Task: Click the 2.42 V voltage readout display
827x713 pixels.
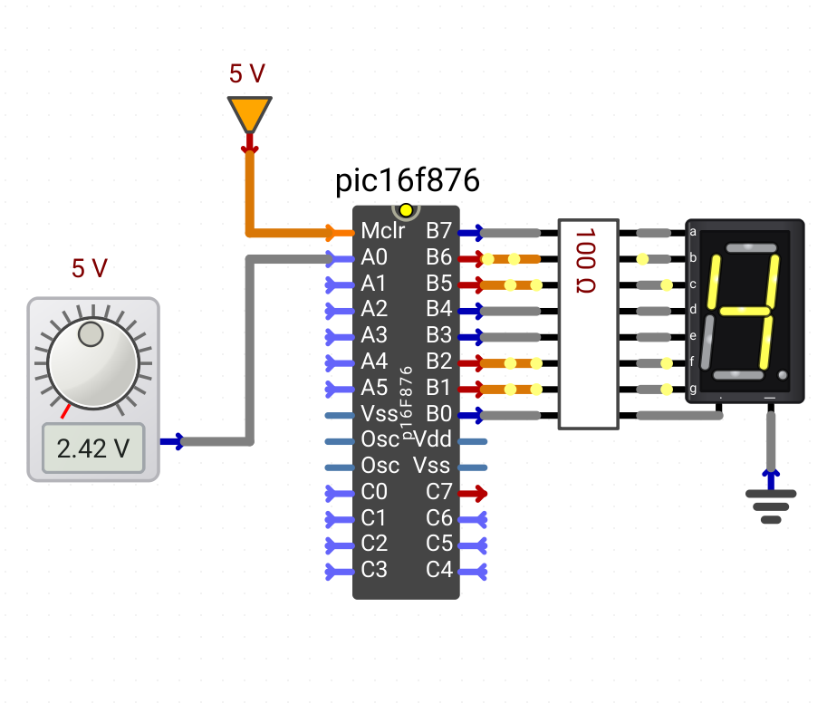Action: (x=92, y=448)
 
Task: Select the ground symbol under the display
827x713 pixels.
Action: (x=771, y=506)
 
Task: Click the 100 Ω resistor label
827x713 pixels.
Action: (x=585, y=261)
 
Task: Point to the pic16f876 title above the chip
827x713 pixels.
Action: (x=408, y=180)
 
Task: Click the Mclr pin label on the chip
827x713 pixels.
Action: (x=383, y=231)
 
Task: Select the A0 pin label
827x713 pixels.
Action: (x=374, y=257)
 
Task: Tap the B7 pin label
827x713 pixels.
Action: (x=438, y=231)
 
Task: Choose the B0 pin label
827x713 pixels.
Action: (x=438, y=414)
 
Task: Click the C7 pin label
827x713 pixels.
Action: (x=438, y=492)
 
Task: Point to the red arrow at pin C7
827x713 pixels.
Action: (x=473, y=494)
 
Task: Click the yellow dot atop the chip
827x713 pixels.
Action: (x=406, y=210)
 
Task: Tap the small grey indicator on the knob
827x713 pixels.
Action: (x=91, y=333)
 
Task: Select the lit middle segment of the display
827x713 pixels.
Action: (x=745, y=311)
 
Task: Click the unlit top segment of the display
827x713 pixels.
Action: (x=751, y=248)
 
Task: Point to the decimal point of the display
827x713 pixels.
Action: (x=783, y=375)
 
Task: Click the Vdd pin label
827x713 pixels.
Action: (x=432, y=438)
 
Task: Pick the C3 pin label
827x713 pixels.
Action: (x=374, y=570)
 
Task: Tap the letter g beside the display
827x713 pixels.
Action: (x=693, y=390)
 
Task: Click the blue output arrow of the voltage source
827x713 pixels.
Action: (x=172, y=441)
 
